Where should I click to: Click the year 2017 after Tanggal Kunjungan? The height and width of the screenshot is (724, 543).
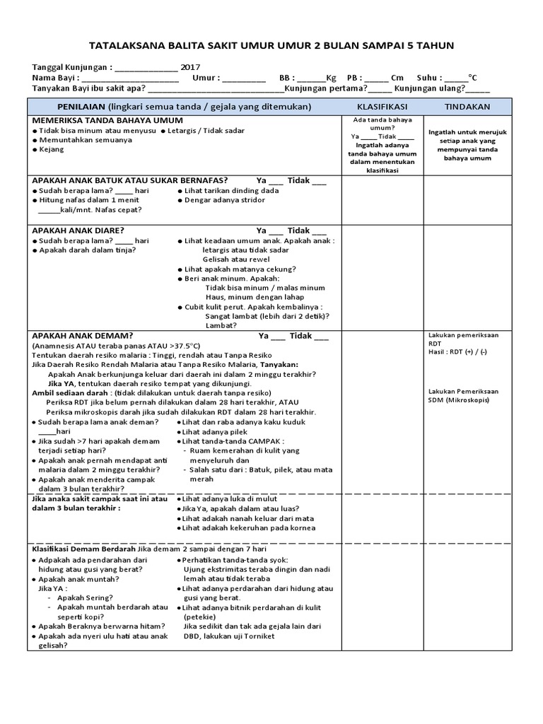click(x=190, y=67)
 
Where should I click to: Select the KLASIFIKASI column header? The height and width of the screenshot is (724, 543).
click(x=383, y=106)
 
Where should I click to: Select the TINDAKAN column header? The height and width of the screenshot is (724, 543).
click(x=467, y=106)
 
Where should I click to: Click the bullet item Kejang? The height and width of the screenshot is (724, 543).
click(x=52, y=150)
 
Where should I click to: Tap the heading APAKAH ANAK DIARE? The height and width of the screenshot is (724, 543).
click(x=78, y=230)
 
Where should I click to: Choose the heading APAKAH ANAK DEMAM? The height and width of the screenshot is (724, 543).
click(x=82, y=335)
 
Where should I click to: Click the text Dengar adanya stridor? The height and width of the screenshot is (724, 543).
click(x=224, y=200)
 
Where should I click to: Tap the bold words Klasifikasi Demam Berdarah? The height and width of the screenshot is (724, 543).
click(x=83, y=548)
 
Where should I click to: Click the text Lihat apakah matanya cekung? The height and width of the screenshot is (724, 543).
click(x=240, y=269)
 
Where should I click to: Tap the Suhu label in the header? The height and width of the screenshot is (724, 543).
click(x=431, y=78)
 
